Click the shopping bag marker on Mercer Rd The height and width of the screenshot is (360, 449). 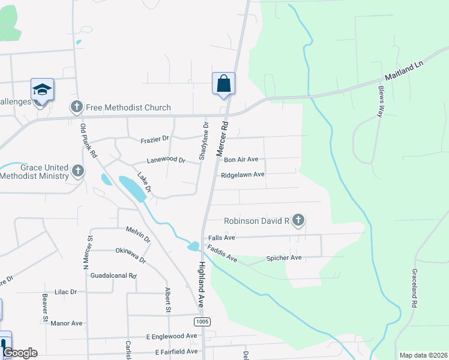[x=223, y=83]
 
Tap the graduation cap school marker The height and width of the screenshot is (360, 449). [x=42, y=90]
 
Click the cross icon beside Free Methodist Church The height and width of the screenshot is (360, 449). [x=76, y=107]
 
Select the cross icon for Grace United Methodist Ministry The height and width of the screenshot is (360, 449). [x=77, y=171]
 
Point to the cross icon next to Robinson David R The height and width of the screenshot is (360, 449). [x=298, y=221]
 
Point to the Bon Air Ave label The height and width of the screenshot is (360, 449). [x=241, y=160]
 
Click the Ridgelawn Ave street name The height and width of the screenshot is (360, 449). [x=243, y=175]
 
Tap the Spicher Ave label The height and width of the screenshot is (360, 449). [x=283, y=258]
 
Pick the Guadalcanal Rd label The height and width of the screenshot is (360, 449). [x=113, y=275]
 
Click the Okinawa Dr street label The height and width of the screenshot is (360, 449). [x=131, y=255]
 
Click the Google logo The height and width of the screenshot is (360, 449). [x=20, y=353]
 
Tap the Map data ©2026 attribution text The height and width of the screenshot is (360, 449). [x=423, y=355]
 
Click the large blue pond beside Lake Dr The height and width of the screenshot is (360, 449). [x=133, y=188]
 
